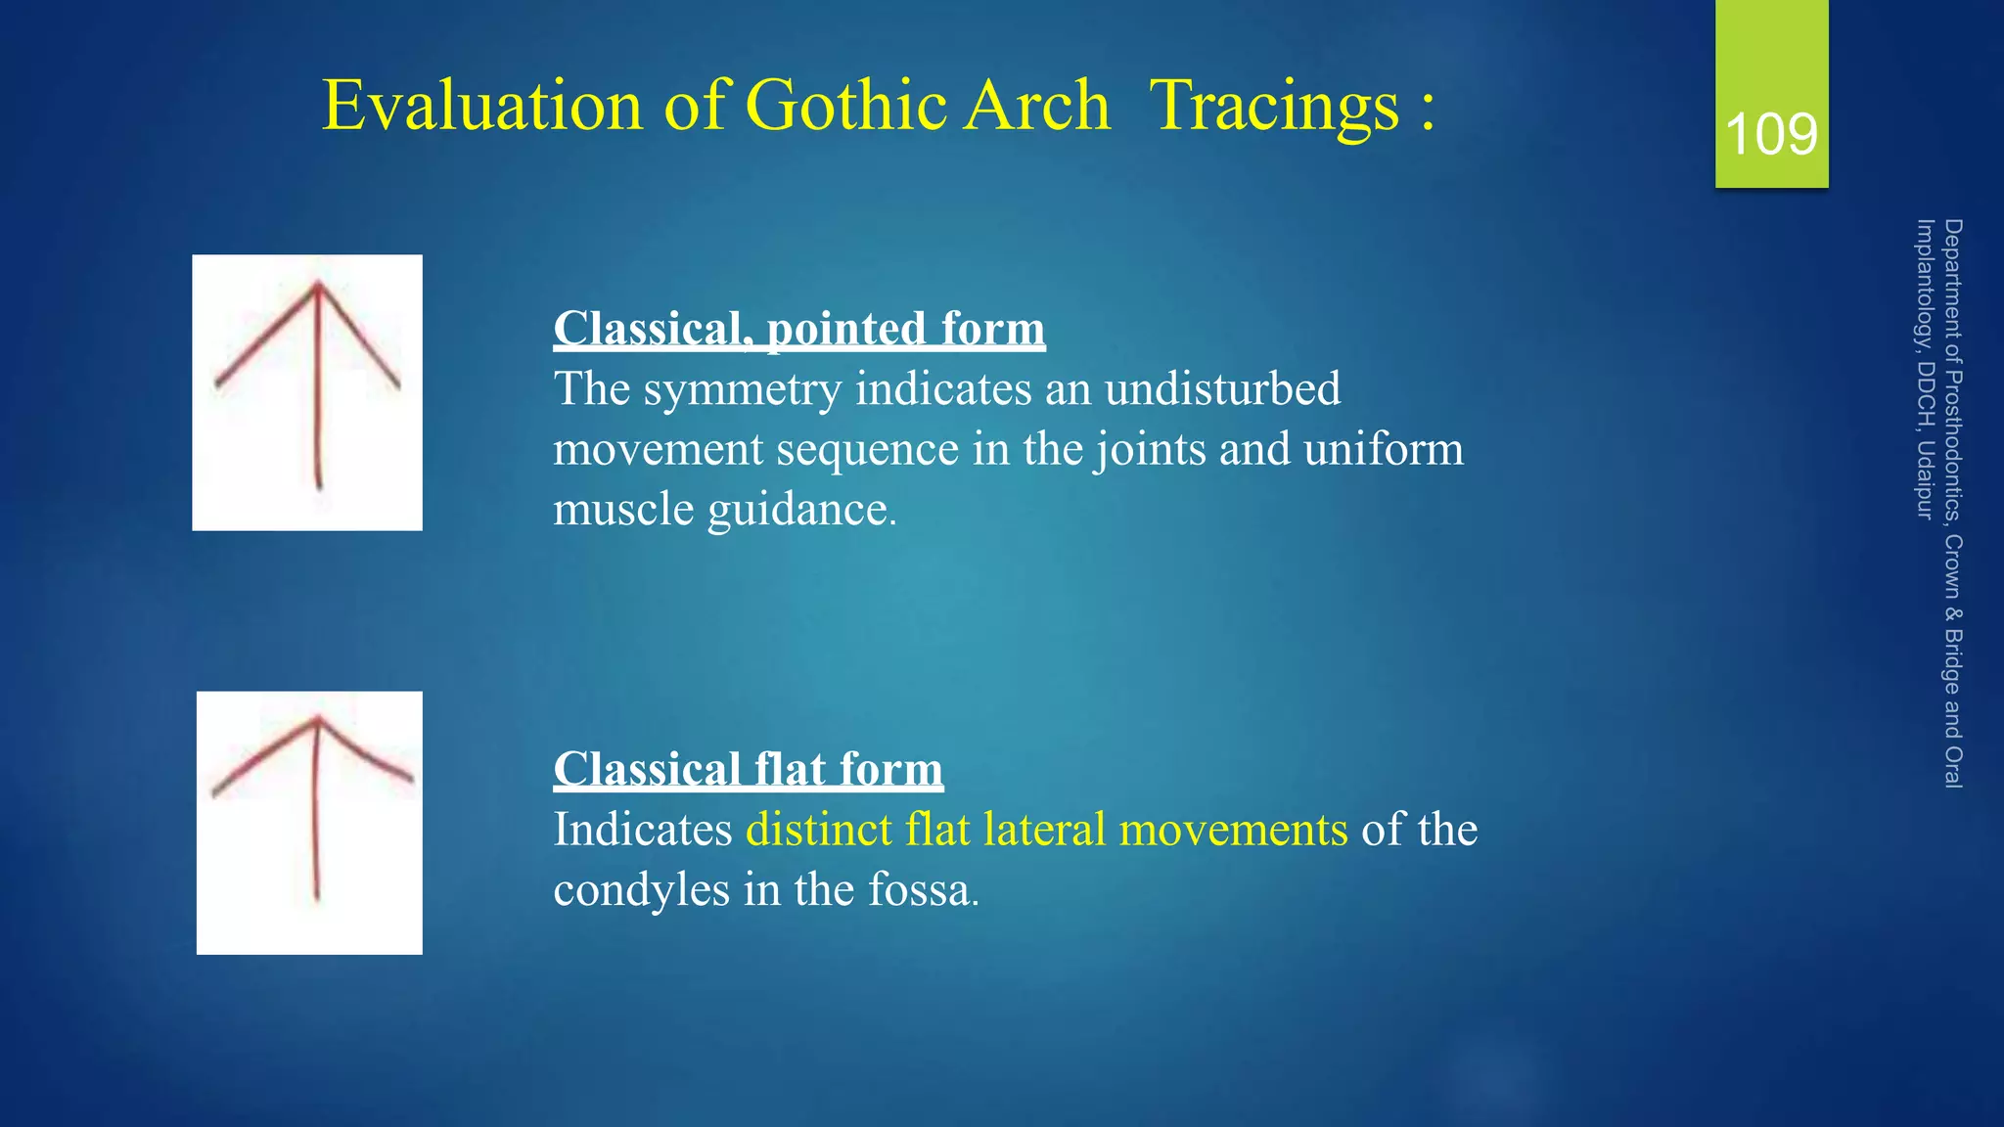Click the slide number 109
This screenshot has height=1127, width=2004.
(1771, 134)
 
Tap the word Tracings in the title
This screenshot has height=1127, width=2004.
(1274, 105)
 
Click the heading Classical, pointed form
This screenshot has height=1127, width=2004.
(798, 329)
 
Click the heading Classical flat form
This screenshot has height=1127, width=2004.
(748, 769)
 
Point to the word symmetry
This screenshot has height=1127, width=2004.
(742, 389)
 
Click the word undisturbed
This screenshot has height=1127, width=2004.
(1222, 389)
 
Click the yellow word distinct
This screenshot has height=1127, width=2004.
(818, 830)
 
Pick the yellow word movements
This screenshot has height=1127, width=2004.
(1233, 830)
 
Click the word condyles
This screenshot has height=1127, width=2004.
(641, 890)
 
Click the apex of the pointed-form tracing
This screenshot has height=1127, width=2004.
(318, 285)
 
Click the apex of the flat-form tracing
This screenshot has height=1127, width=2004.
(318, 720)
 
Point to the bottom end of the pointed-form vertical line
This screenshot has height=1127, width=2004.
(319, 486)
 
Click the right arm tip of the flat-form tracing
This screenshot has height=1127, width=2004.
(411, 779)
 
